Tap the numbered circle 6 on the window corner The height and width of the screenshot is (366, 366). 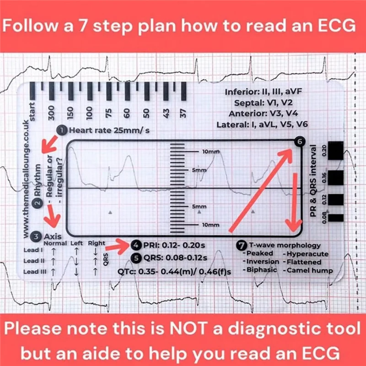point(299,143)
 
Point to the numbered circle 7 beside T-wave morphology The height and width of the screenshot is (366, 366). point(242,245)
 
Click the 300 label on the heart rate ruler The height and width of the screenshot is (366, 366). point(51,111)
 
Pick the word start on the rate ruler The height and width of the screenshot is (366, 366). point(32,111)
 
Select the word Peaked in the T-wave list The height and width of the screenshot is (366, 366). point(259,253)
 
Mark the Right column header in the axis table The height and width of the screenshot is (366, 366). point(97,243)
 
